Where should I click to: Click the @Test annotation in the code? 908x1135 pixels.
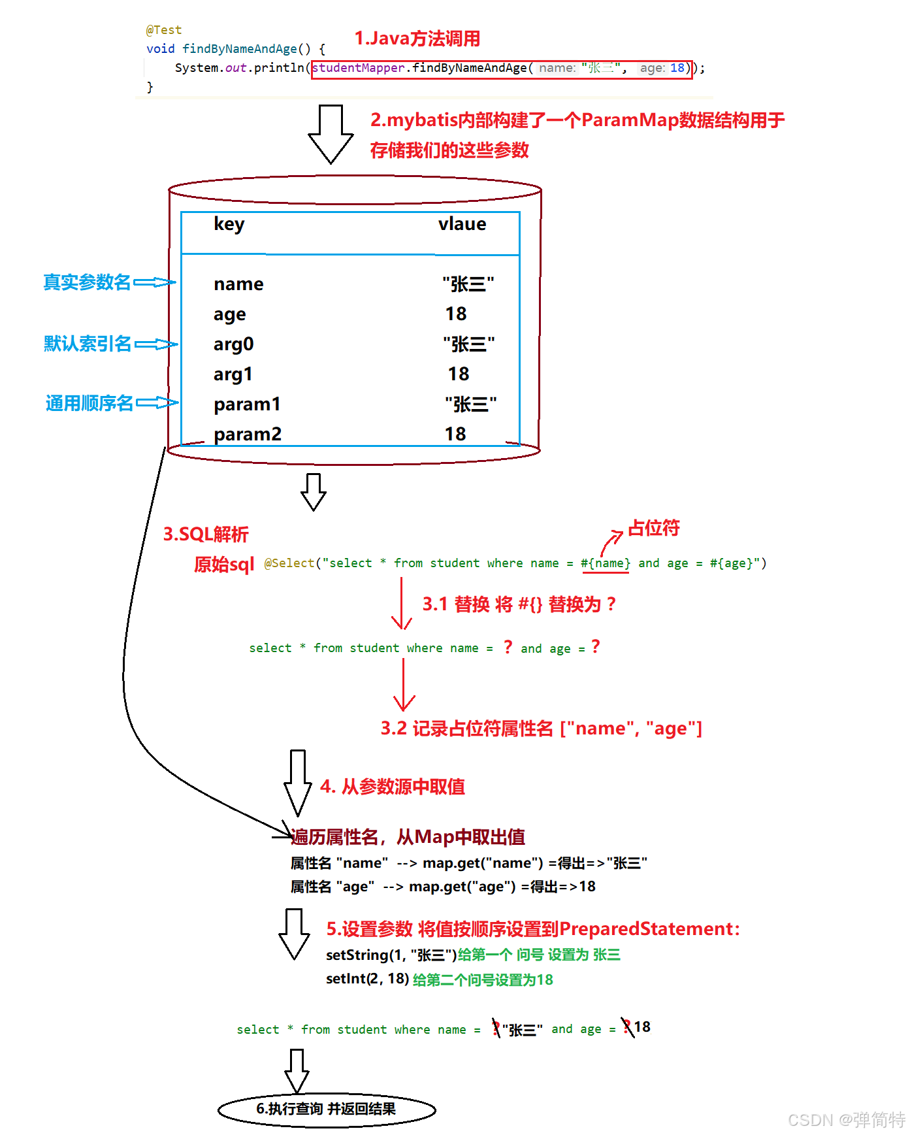pyautogui.click(x=164, y=30)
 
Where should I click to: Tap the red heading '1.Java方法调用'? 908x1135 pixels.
pyautogui.click(x=417, y=39)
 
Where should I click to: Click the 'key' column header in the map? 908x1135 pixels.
pyautogui.click(x=229, y=224)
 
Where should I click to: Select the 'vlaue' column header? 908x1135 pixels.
pyautogui.click(x=462, y=224)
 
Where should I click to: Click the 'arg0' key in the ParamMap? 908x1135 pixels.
pyautogui.click(x=233, y=344)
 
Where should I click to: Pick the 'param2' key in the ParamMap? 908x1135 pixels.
pyautogui.click(x=247, y=435)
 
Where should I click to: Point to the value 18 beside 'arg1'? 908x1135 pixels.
pyautogui.click(x=458, y=374)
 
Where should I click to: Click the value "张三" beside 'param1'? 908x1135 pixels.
pyautogui.click(x=470, y=404)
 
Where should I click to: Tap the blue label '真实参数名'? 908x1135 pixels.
pyautogui.click(x=87, y=282)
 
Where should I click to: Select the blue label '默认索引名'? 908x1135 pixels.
pyautogui.click(x=88, y=344)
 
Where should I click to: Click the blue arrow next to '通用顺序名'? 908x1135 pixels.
pyautogui.click(x=157, y=403)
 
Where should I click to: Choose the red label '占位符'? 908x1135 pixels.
pyautogui.click(x=653, y=528)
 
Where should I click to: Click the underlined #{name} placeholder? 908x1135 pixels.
pyautogui.click(x=606, y=563)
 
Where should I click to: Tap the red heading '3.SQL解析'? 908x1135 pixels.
pyautogui.click(x=206, y=535)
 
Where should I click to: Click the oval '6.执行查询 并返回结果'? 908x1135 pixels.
pyautogui.click(x=327, y=1109)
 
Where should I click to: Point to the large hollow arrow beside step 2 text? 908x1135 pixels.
pyautogui.click(x=331, y=134)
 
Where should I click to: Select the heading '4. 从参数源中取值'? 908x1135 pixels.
pyautogui.click(x=393, y=787)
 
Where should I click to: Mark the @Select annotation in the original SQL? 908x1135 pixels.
pyautogui.click(x=289, y=563)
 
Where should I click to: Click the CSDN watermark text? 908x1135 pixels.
pyautogui.click(x=846, y=1120)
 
